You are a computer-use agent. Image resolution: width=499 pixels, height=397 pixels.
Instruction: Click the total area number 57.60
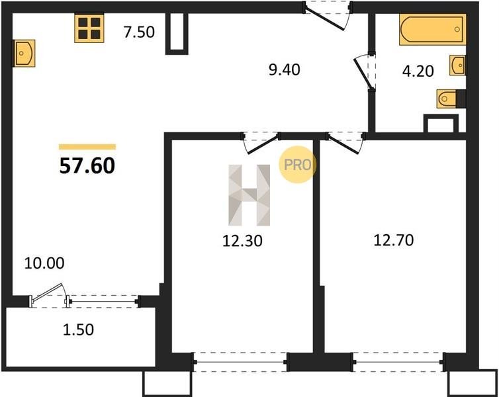click(87, 165)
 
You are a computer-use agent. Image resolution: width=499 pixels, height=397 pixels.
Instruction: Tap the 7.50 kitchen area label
click(139, 32)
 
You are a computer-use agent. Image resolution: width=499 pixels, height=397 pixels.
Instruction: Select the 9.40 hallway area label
click(284, 69)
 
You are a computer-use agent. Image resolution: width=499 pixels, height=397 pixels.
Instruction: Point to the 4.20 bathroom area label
click(418, 71)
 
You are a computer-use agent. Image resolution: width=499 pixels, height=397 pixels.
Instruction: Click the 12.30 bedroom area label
click(242, 241)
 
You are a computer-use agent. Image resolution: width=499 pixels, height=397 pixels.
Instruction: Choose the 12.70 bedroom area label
click(394, 240)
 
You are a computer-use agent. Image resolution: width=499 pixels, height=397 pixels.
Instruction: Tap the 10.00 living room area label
click(44, 263)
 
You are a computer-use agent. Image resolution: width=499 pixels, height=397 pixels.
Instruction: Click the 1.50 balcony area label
click(78, 330)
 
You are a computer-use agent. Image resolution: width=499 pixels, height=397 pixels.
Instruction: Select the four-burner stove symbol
click(89, 28)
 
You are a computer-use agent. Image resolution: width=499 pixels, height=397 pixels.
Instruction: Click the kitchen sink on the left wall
click(24, 53)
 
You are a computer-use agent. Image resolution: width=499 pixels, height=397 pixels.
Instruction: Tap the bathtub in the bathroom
click(432, 29)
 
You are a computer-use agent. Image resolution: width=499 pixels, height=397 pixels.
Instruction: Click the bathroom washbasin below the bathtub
click(457, 66)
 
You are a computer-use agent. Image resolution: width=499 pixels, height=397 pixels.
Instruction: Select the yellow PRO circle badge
click(297, 165)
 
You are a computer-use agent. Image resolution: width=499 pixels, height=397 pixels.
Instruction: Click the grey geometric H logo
click(250, 195)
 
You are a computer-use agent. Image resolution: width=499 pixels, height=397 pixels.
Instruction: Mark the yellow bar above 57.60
click(87, 147)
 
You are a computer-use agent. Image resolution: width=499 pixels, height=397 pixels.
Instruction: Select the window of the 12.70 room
click(398, 362)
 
